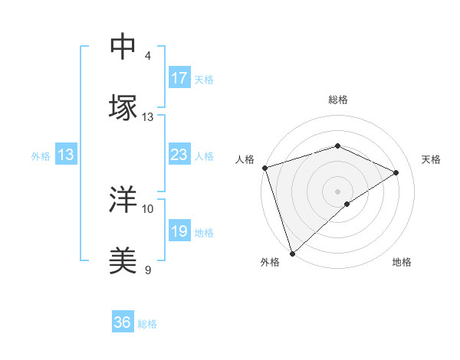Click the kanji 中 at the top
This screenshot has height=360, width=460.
(123, 47)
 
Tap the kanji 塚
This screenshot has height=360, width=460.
(123, 108)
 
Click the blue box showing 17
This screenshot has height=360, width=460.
(179, 78)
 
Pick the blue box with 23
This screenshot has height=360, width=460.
(179, 155)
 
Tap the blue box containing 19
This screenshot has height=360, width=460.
(179, 231)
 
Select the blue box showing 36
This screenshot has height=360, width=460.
(123, 322)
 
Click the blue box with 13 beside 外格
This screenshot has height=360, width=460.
(66, 155)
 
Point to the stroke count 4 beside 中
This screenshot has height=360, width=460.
(148, 56)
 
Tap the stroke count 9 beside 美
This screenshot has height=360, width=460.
(148, 270)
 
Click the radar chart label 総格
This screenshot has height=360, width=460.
(338, 100)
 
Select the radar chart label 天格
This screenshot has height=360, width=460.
(431, 159)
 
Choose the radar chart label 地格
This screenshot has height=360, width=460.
(402, 262)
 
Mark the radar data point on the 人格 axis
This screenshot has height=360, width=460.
(264, 168)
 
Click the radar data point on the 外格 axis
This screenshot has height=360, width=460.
(292, 254)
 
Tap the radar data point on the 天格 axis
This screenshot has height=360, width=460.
(396, 172)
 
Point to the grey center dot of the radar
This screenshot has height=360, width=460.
(338, 191)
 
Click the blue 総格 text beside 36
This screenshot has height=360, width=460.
(148, 324)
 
